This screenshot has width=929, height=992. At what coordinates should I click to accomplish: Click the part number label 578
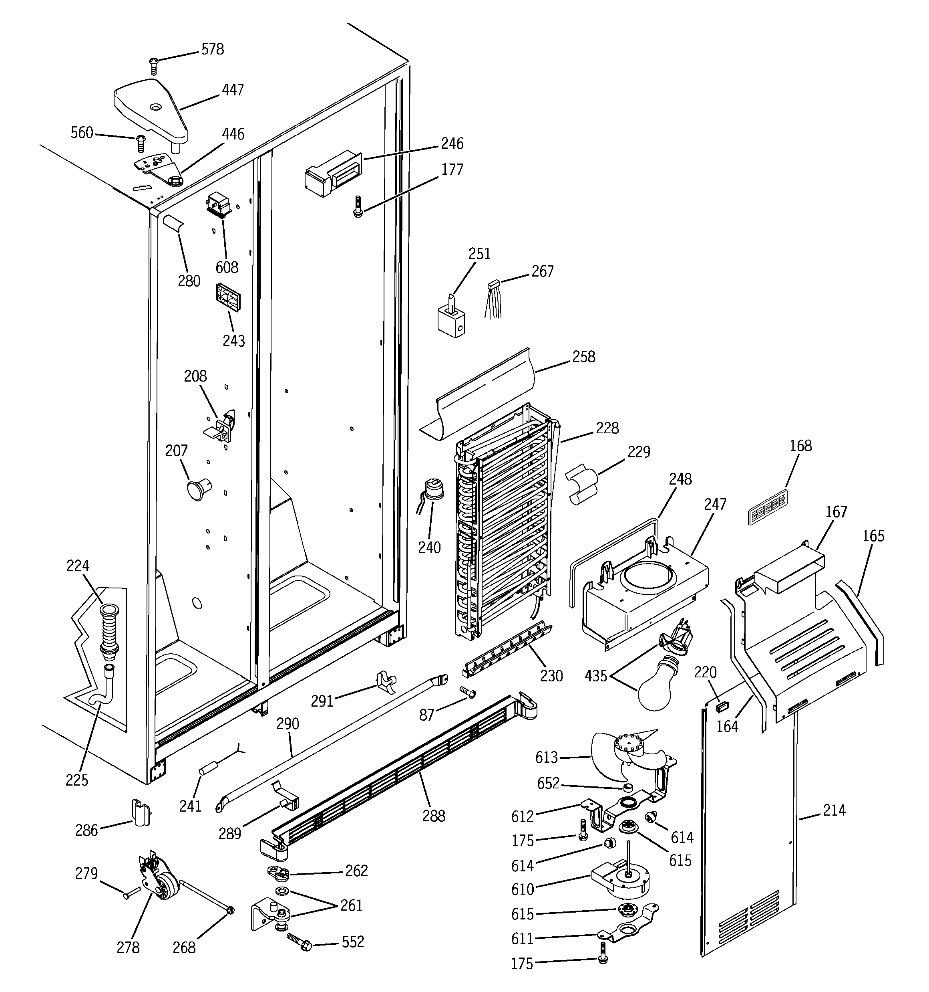pyautogui.click(x=212, y=49)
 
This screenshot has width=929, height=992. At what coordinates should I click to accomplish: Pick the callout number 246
pyautogui.click(x=452, y=144)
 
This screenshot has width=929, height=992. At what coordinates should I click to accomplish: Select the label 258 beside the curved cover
pyautogui.click(x=583, y=357)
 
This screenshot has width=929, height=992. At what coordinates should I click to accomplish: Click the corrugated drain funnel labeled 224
pyautogui.click(x=109, y=631)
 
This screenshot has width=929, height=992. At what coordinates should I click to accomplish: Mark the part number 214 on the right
pyautogui.click(x=834, y=810)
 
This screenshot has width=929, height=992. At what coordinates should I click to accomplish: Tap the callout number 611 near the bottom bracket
pyautogui.click(x=522, y=939)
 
